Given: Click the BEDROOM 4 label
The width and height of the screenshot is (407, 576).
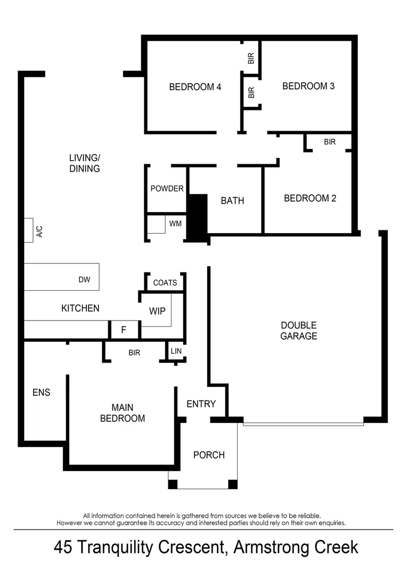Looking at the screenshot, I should coord(195,87).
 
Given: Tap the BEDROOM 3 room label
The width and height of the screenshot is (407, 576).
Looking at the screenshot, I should coord(308,86).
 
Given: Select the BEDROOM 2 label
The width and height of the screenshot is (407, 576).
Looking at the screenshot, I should coord(310,198).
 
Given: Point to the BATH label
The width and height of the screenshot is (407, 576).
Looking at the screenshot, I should coord(232,201).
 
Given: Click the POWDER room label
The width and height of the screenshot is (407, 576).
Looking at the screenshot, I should coord(167,189).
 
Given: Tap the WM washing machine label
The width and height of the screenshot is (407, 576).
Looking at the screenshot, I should coord(175,223).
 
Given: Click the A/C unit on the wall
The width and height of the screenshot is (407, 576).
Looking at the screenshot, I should coord(29,230).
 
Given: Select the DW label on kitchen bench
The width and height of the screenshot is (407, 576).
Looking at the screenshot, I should coord(84,279).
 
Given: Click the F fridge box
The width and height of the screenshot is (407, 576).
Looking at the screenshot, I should coord(124,330).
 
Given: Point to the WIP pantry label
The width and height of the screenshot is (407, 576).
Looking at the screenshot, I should coord(157,311).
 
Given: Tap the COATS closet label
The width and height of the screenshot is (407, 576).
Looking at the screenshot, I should coord(165,283).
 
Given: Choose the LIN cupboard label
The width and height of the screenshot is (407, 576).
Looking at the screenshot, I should coord(176,351).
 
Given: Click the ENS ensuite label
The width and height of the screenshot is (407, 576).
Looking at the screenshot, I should coord(41,393).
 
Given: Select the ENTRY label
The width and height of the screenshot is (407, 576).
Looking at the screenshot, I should coord(201,404).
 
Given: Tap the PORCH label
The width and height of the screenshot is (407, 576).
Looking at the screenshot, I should coord(209,455).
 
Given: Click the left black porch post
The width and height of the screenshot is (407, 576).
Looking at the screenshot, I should coord(173,484).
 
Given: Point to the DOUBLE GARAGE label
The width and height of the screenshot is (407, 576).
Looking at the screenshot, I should coord(299,331).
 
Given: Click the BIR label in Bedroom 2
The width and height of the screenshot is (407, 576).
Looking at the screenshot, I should coord(329,142).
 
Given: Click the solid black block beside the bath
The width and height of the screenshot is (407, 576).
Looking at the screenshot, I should coord(198,217).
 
